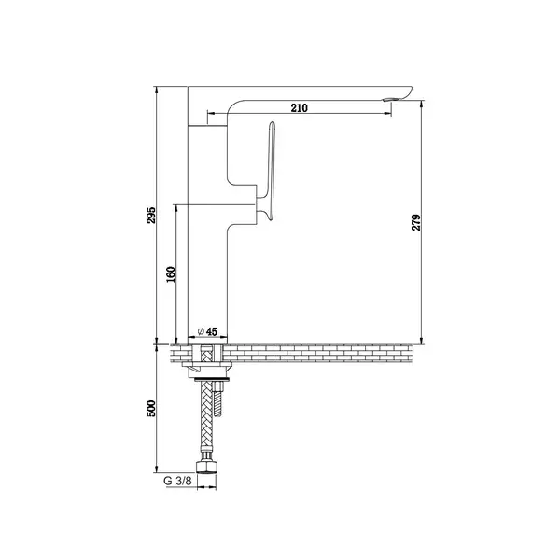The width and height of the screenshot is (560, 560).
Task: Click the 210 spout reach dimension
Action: click(x=299, y=108)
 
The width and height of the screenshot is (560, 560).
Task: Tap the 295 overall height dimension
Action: click(x=151, y=215)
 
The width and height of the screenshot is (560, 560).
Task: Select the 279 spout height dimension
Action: click(x=416, y=222)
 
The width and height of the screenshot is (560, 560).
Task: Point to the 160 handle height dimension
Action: click(x=171, y=274)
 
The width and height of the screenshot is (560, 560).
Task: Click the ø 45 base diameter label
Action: click(x=207, y=331)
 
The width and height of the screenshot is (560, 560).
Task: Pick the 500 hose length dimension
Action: click(x=151, y=408)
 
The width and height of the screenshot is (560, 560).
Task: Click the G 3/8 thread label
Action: click(x=177, y=481)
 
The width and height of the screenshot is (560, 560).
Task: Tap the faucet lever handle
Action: click(x=268, y=172)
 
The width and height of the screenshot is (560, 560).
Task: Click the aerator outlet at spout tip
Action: click(x=389, y=99)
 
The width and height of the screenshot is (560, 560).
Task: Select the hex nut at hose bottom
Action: click(x=206, y=467)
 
